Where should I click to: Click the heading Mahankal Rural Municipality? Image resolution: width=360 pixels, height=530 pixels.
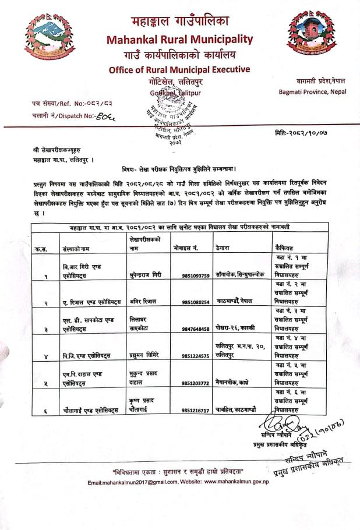pyautogui.click(x=179, y=40)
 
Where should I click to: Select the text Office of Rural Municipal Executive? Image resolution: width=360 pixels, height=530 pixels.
pyautogui.click(x=179, y=70)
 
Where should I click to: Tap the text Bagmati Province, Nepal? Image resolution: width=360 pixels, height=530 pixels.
pyautogui.click(x=312, y=92)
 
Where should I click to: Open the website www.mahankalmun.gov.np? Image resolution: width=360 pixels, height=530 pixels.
pyautogui.click(x=237, y=483)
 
